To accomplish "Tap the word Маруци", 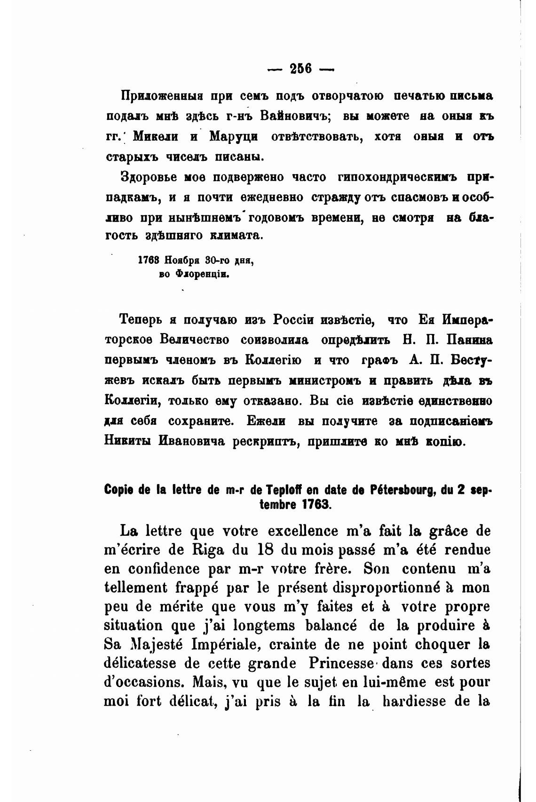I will tap(233, 136).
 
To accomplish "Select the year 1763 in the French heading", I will tap(317, 505).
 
